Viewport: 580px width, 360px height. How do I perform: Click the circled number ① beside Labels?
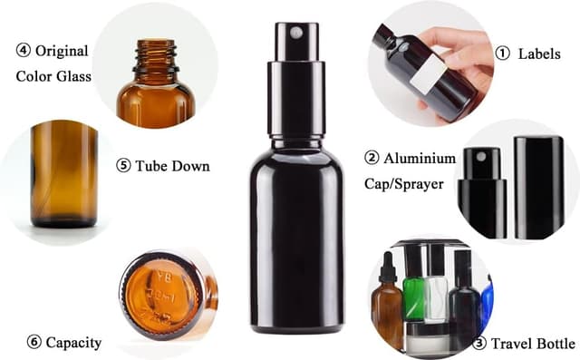tap(502, 54)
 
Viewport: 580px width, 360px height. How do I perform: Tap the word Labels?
tap(539, 54)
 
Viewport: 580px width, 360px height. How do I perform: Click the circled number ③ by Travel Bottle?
tap(479, 344)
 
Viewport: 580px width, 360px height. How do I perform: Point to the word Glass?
tap(73, 75)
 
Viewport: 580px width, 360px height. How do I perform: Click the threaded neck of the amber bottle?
tap(155, 57)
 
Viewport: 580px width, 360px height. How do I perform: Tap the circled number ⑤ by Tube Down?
tap(123, 166)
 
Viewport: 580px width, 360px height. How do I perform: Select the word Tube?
tap(152, 166)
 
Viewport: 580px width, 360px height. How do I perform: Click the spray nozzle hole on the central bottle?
tap(294, 33)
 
